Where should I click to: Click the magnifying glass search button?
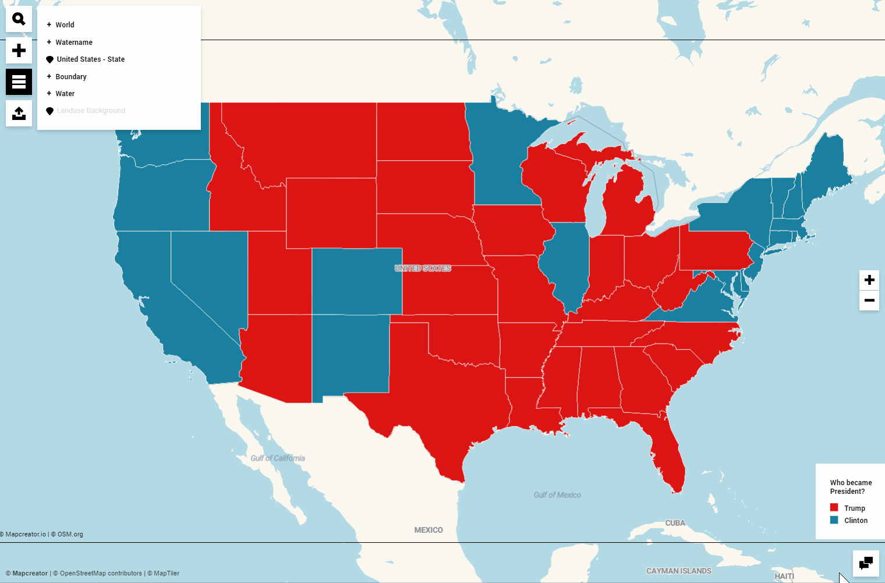pos(19,19)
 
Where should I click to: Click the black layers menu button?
pos(19,82)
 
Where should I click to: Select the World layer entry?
pos(65,25)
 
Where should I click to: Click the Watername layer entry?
pos(73,43)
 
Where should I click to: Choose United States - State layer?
pos(90,59)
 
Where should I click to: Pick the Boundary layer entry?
pos(70,77)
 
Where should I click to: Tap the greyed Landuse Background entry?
pos(90,111)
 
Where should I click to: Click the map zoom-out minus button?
pos(869,301)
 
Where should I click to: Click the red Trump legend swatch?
pos(834,508)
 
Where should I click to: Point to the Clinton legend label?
pos(855,521)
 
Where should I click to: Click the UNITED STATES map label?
pos(423,268)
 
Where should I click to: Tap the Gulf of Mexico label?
pos(557,495)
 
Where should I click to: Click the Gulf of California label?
pos(278,458)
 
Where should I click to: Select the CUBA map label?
pos(675,523)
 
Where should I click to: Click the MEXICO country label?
pos(429,530)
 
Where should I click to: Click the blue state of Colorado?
pos(356,281)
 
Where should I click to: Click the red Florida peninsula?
pos(670,460)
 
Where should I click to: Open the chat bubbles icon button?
pos(866,563)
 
